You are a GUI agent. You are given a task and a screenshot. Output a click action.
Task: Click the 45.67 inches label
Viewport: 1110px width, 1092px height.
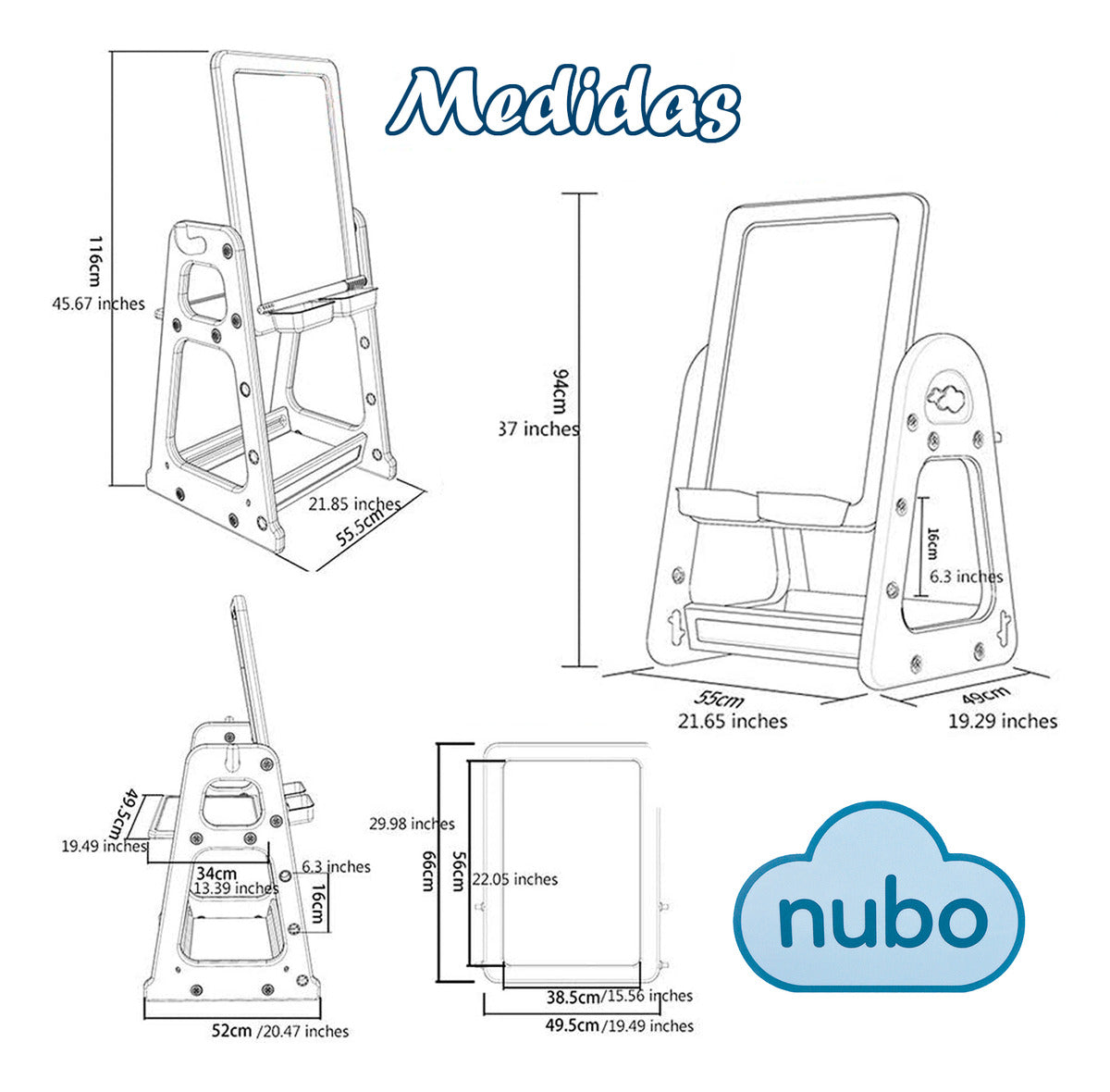pos(99,303)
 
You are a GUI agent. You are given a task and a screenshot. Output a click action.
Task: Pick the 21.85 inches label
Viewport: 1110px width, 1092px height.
pos(354,503)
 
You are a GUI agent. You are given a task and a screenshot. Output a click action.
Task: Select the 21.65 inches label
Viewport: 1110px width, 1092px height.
pos(734,720)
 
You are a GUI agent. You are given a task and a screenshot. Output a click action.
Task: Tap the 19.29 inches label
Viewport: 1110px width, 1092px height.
pos(1003,720)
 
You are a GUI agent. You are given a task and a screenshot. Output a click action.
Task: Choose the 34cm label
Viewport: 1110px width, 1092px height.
pos(217,872)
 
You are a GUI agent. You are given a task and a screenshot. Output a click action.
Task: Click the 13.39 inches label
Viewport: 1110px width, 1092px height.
pos(235,888)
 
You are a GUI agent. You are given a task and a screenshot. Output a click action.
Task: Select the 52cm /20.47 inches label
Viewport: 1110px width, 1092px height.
pos(277,1030)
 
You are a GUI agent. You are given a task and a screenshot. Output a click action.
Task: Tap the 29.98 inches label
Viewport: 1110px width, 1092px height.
pos(411,823)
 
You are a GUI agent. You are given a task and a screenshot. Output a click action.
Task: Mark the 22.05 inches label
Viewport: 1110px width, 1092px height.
pos(515,879)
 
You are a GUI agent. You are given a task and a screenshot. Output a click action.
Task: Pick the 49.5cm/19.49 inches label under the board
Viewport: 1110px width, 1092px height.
pos(619,1025)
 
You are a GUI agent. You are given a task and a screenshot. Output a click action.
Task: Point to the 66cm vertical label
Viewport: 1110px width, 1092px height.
pos(428,871)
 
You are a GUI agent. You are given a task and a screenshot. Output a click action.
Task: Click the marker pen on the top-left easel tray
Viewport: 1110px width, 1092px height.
pos(314,292)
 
